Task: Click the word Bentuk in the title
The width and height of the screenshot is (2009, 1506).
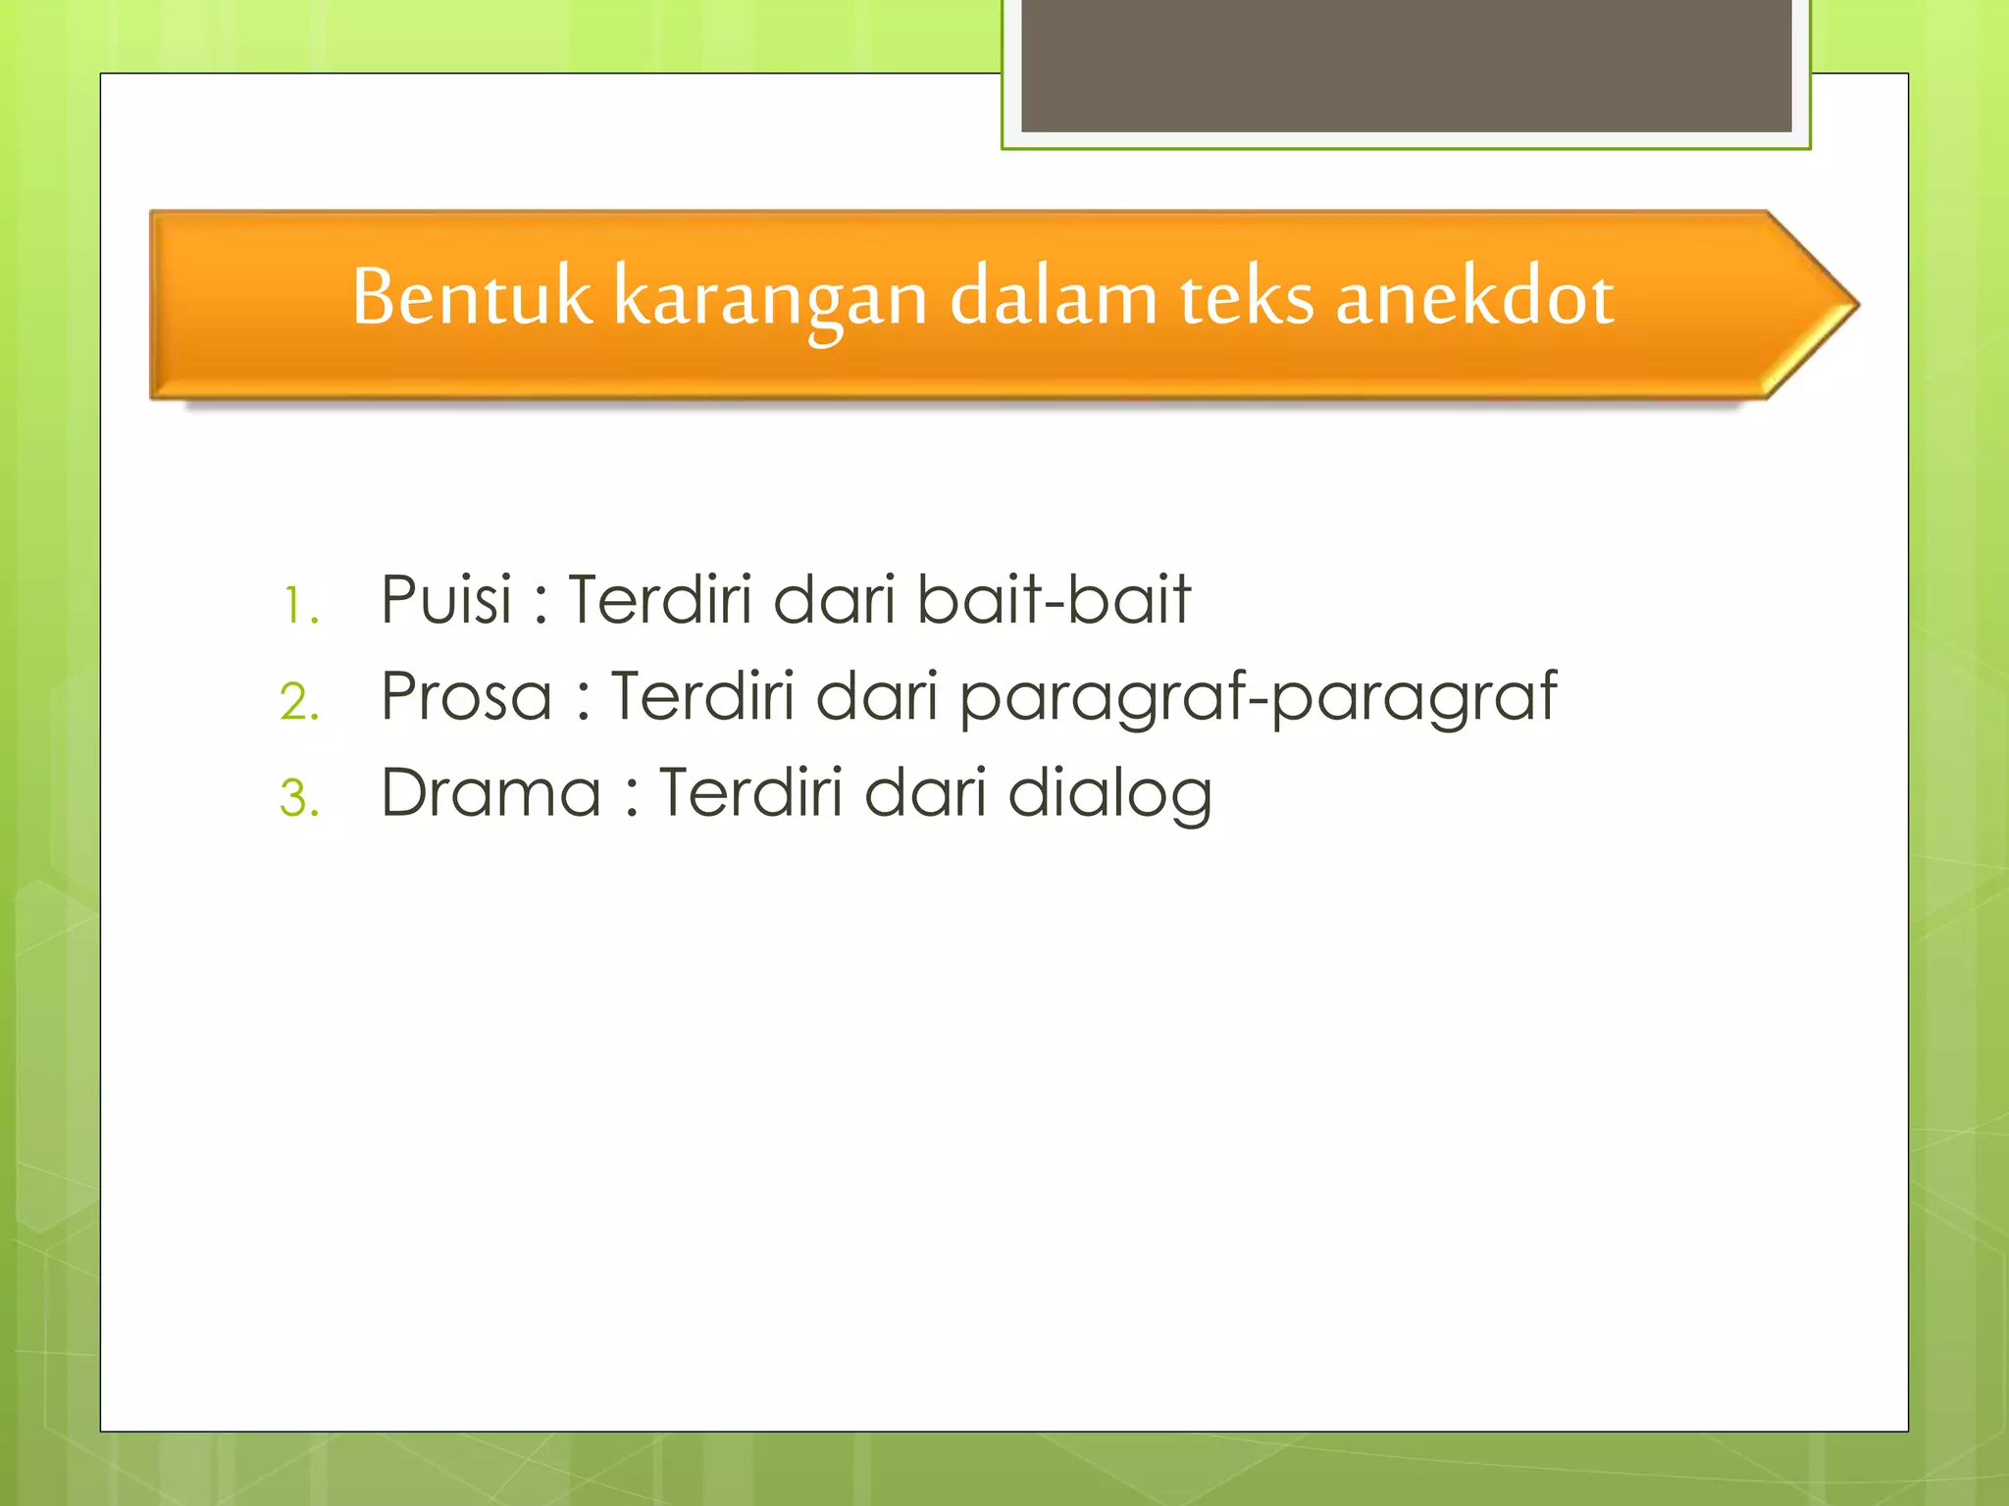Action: point(472,296)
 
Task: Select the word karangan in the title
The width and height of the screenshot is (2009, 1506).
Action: point(770,299)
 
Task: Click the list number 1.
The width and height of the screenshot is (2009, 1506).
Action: point(299,606)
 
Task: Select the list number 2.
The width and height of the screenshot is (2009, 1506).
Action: point(299,702)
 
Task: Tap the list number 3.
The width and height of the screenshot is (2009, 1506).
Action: point(299,798)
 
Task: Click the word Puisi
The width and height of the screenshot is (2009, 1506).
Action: point(446,599)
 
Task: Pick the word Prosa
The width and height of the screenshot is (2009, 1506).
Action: point(466,696)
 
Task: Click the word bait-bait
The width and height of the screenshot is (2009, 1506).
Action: point(1054,599)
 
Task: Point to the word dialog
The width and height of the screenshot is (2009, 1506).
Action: point(1109,795)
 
